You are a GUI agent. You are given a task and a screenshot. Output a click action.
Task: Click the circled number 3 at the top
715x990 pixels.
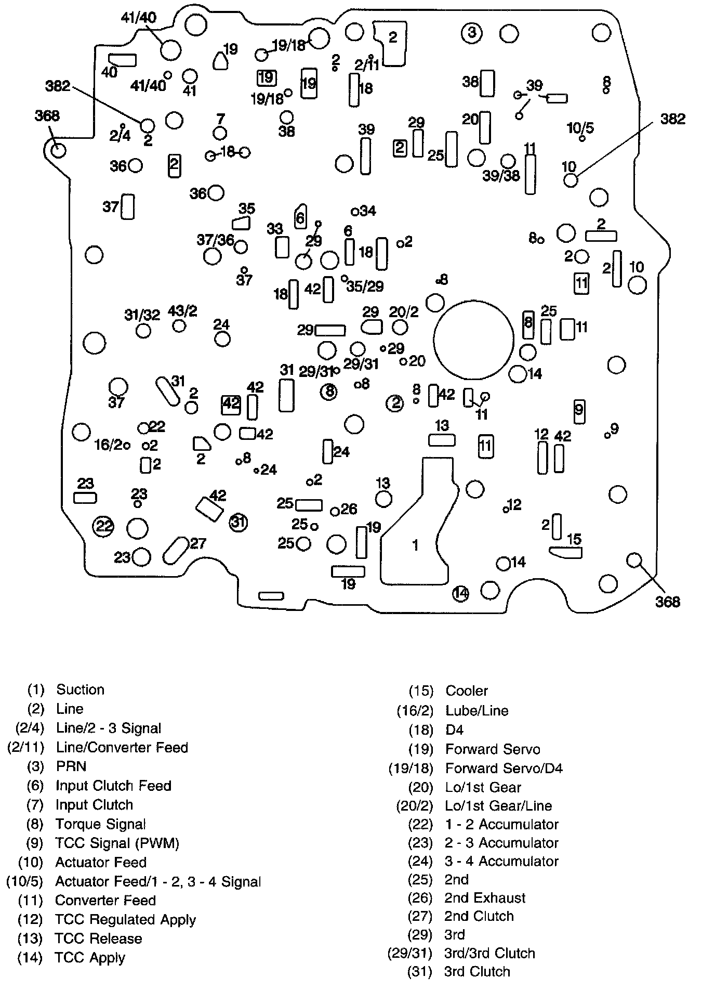click(471, 33)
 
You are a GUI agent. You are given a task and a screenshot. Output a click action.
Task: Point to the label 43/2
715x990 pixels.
click(182, 311)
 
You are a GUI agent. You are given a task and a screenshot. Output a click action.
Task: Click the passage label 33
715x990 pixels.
click(275, 229)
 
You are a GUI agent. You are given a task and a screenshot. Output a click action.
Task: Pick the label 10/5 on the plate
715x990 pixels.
click(580, 128)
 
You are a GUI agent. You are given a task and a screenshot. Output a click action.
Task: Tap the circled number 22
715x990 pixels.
click(103, 526)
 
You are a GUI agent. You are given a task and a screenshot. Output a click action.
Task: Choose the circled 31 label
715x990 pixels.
click(238, 522)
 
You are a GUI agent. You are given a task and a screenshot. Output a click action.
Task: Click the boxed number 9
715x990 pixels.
click(579, 411)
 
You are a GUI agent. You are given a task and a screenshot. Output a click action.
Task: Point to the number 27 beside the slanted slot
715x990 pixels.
click(198, 543)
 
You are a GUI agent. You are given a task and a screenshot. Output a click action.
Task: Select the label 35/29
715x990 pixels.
click(365, 286)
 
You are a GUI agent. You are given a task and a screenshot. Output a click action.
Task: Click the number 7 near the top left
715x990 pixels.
click(221, 119)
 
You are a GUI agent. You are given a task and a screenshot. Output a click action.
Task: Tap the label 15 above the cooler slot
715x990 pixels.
click(574, 539)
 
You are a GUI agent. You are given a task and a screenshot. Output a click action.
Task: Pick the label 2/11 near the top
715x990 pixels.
click(367, 65)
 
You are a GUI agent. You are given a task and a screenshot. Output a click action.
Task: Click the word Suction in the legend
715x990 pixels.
click(81, 689)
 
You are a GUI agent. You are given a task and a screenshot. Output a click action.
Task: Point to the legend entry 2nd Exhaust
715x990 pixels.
click(485, 898)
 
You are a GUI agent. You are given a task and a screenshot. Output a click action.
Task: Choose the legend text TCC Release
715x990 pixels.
click(98, 939)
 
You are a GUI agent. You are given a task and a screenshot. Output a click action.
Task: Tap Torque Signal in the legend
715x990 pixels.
click(100, 824)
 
